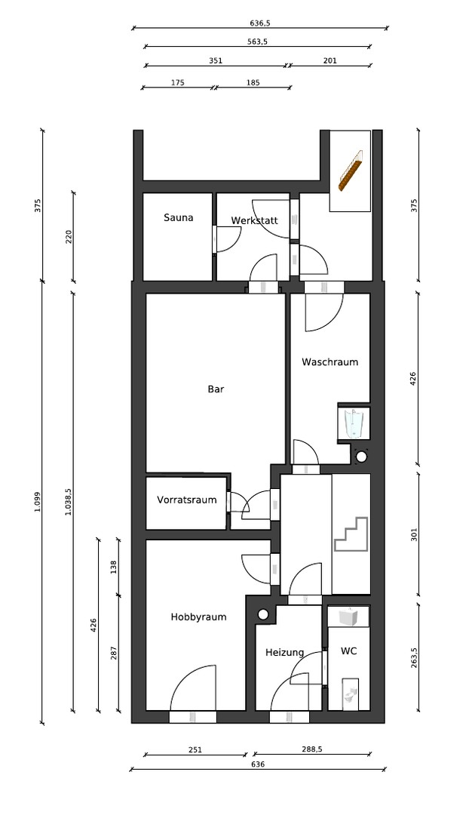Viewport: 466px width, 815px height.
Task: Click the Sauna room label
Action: (x=178, y=217)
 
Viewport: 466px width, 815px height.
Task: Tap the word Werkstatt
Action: (x=255, y=220)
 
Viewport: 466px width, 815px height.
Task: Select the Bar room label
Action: (x=216, y=389)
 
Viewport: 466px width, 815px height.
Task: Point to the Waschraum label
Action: (x=330, y=361)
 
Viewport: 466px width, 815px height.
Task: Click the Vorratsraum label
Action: (x=186, y=500)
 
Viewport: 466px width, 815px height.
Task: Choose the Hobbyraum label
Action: (x=198, y=617)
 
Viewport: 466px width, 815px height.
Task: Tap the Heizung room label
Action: (x=285, y=652)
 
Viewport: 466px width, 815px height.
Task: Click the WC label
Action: (x=348, y=650)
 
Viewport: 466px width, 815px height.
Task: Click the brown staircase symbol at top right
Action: (x=350, y=171)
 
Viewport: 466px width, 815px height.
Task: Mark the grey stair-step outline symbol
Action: (x=351, y=534)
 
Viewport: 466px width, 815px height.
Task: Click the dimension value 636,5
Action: (x=260, y=23)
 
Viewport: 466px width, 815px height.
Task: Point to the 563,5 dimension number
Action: (x=257, y=42)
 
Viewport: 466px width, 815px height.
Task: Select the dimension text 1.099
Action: (x=37, y=502)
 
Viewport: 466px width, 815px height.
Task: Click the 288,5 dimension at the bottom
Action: (x=312, y=749)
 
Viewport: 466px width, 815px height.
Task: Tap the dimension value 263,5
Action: (x=414, y=657)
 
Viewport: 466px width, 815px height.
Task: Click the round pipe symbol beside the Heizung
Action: (x=263, y=614)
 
